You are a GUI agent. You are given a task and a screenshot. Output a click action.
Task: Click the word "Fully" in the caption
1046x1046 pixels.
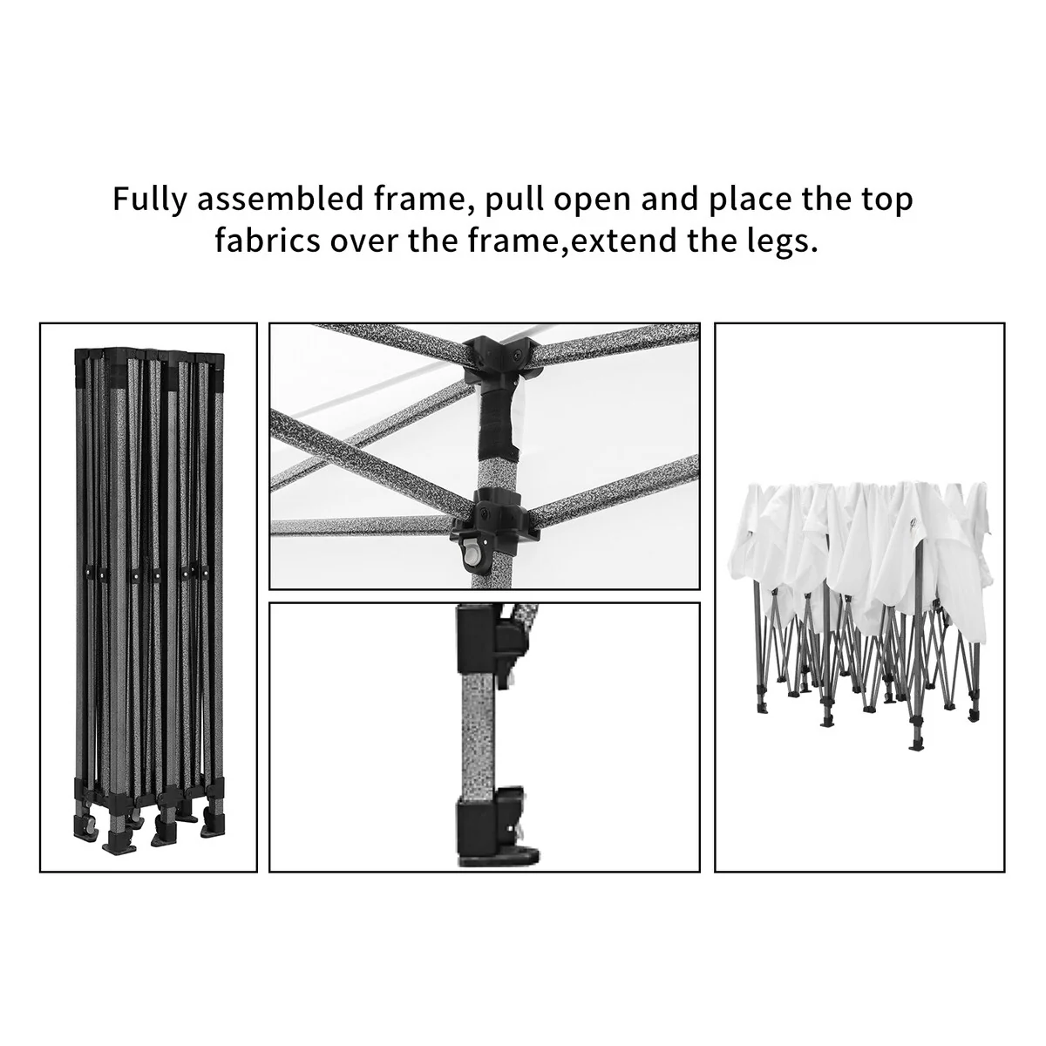coord(149,200)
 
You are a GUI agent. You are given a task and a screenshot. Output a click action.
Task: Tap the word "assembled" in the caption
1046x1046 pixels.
coord(280,199)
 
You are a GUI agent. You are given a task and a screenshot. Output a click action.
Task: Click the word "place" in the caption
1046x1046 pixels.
coord(751,200)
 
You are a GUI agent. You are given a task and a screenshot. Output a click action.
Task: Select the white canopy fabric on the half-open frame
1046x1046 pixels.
coord(859,558)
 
